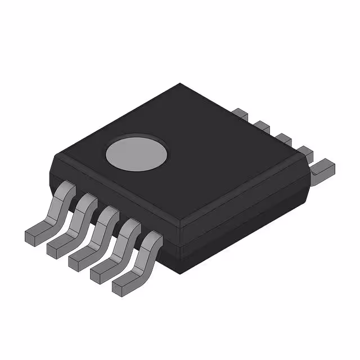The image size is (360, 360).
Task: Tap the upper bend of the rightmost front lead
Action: pyautogui.click(x=152, y=241)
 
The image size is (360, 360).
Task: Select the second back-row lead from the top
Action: pyautogui.click(x=260, y=125)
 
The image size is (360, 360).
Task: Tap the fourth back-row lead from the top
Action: pyautogui.click(x=304, y=151)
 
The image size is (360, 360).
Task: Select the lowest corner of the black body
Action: pyautogui.click(x=179, y=274)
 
